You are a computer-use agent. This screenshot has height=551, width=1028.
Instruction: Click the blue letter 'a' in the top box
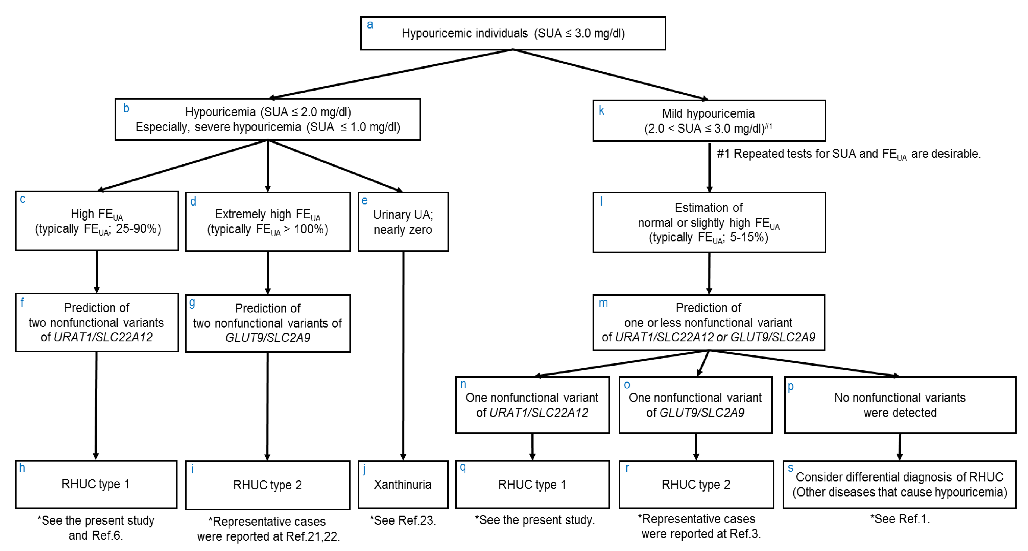tap(370, 25)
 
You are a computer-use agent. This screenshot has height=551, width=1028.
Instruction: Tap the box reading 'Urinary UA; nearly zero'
tap(403, 222)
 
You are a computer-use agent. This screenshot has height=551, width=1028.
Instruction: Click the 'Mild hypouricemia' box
tap(709, 120)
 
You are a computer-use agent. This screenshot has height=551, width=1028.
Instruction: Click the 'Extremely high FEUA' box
tap(268, 222)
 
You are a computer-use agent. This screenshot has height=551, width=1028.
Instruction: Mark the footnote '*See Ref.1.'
tap(900, 519)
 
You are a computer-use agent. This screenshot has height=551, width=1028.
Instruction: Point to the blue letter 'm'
tap(603, 303)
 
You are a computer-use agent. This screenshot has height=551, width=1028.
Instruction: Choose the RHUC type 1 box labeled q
tap(532, 484)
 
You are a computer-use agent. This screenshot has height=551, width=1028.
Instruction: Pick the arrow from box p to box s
tap(900, 447)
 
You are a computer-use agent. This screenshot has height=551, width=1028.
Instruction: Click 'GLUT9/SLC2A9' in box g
tap(268, 337)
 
